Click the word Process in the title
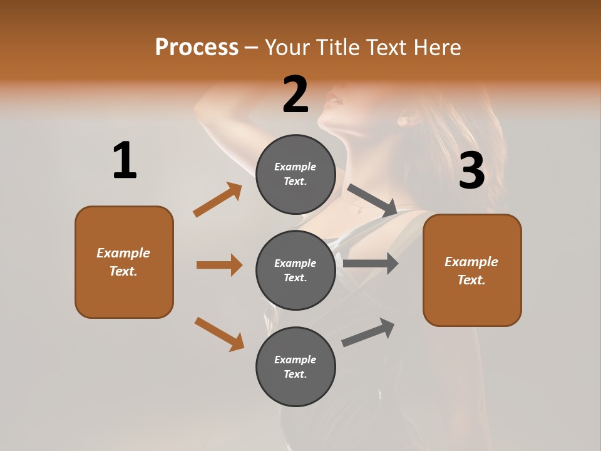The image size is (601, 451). tap(197, 47)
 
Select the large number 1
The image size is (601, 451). tap(125, 160)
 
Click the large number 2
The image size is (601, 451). tap(295, 94)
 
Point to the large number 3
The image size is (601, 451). tap(471, 170)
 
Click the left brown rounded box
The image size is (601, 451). tap(124, 262)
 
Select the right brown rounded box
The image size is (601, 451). tap(472, 270)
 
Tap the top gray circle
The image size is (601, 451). tap(295, 174)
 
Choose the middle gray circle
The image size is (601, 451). tap(295, 270)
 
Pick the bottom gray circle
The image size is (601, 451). tap(295, 366)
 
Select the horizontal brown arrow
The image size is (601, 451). tap(219, 265)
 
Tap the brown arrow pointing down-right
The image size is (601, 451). tap(219, 334)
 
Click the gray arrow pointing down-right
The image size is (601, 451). tap(372, 200)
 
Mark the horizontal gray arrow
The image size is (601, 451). tap(371, 264)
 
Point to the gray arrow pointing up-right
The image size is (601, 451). tap(368, 333)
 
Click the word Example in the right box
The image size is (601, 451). tap(471, 262)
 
